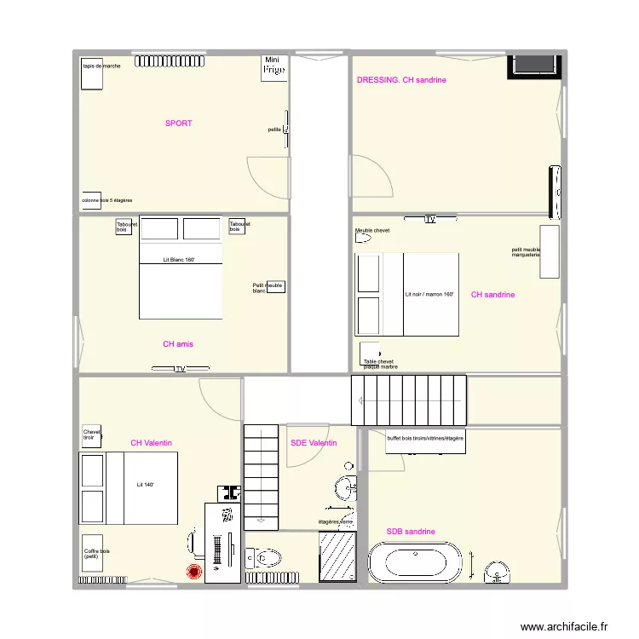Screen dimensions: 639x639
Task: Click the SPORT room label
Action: pos(178,124)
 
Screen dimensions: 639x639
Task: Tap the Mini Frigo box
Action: pos(273,68)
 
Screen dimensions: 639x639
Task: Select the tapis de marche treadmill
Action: pos(91,73)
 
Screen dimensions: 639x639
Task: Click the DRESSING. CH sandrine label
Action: pos(401,80)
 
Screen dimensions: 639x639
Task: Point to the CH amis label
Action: pos(178,344)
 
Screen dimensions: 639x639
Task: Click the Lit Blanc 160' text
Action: pos(179,259)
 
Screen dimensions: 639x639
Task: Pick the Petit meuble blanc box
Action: pos(274,288)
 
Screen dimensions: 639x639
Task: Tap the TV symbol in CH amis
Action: pos(180,369)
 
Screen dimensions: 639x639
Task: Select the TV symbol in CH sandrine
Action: pos(430,220)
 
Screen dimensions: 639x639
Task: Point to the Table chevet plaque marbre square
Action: pos(370,351)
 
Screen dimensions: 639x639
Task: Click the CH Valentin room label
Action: pos(152,443)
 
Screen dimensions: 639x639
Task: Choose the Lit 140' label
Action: pos(146,484)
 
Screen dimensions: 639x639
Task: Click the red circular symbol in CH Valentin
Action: pos(193,573)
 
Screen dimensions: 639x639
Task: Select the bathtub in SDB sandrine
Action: pos(416,564)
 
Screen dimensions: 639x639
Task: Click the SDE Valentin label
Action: pos(314,443)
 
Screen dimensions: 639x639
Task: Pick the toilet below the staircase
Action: pos(263,558)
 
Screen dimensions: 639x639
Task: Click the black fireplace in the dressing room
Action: pos(533,66)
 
